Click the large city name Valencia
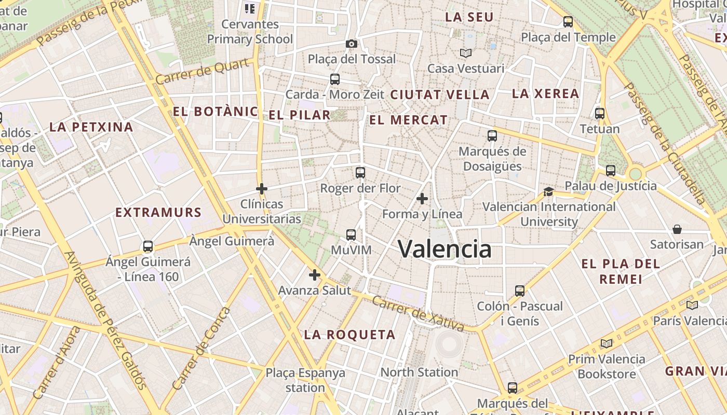445,250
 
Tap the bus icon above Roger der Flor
360,173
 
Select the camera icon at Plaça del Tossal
352,44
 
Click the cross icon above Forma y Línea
422,199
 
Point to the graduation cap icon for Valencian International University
548,192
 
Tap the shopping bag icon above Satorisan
677,229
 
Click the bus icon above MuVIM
351,235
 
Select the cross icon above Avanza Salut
315,275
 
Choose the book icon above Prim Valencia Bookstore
606,343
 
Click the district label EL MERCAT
408,120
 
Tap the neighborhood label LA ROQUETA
349,335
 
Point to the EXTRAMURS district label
158,212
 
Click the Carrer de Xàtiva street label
419,314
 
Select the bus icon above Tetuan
600,114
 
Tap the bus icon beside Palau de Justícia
611,171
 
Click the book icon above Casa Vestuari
465,53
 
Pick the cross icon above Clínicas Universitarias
262,189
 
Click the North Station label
419,372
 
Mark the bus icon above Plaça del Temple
568,22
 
